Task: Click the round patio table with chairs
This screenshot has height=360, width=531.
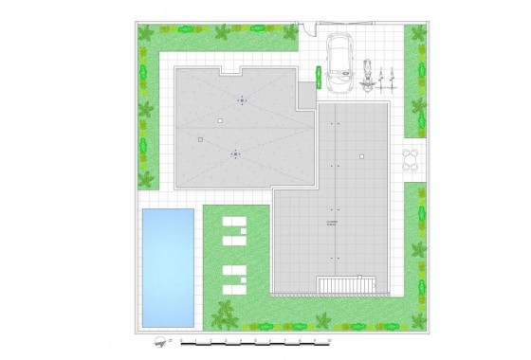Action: tap(412, 156)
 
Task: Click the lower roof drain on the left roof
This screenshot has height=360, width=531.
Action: tap(235, 153)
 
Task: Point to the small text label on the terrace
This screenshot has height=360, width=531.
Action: tap(332, 224)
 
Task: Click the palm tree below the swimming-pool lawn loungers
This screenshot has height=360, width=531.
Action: tap(225, 312)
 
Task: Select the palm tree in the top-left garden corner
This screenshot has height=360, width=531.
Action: tap(146, 35)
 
